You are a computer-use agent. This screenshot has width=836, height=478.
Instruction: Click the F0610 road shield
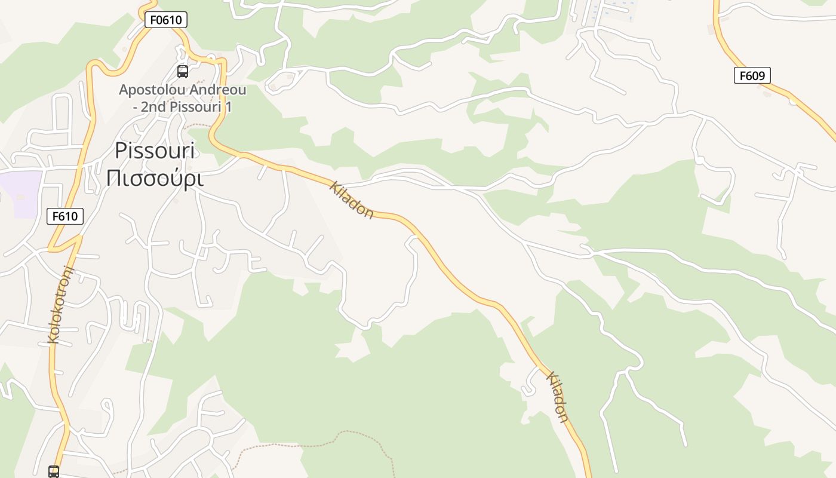166,20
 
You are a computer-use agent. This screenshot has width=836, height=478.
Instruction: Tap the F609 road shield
752,75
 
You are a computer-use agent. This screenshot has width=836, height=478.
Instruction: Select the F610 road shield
65,216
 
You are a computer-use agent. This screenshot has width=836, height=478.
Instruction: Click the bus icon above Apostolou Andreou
183,72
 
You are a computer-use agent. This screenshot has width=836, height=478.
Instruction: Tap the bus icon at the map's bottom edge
54,471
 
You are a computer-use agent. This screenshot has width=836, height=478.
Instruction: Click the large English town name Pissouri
155,150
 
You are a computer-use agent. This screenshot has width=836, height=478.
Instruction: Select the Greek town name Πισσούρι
155,177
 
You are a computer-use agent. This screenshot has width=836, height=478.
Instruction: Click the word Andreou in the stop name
219,90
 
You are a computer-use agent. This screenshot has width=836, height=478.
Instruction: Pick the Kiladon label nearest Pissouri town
352,200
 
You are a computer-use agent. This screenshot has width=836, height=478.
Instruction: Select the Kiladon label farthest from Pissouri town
557,397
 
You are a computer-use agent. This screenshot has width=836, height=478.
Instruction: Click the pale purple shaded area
21,192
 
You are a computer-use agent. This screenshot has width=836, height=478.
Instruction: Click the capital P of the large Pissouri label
121,150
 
